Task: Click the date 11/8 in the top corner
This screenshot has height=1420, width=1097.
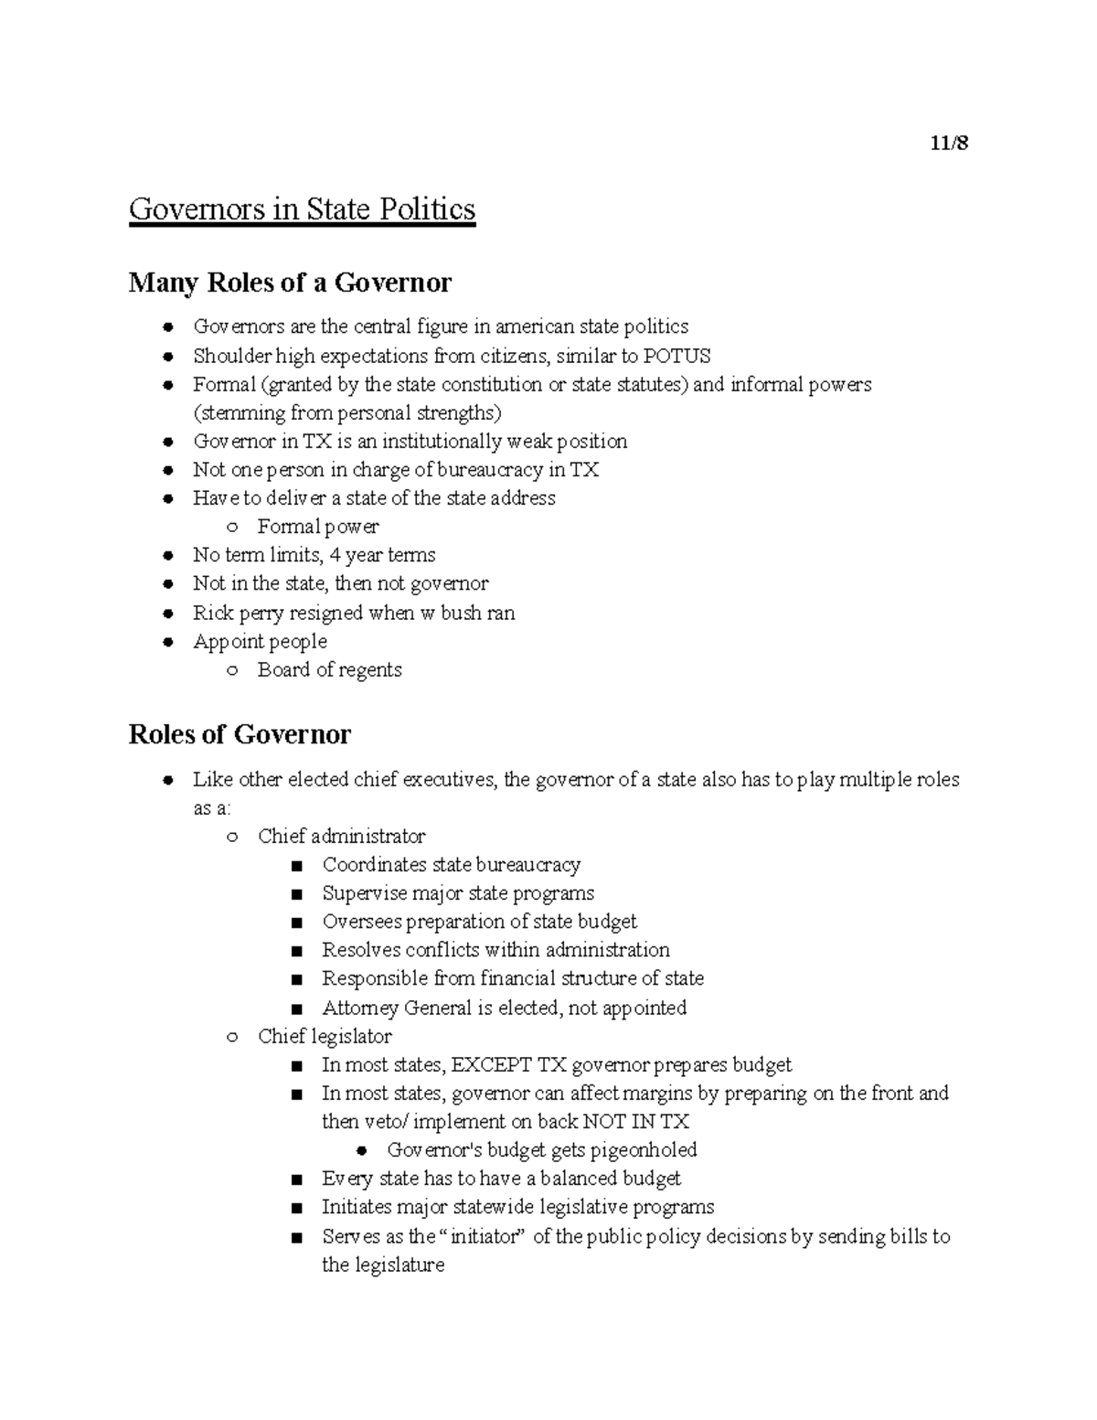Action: pos(949,143)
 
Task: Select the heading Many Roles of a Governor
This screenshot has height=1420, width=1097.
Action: pos(290,283)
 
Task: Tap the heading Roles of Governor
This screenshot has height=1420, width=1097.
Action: pos(240,734)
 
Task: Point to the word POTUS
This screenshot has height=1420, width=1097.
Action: pos(677,356)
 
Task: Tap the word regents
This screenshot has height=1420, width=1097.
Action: pos(370,669)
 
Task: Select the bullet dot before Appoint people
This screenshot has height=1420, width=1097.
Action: pos(167,642)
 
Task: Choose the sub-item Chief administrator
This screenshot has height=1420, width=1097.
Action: pos(341,836)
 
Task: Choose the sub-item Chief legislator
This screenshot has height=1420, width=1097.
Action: pos(325,1036)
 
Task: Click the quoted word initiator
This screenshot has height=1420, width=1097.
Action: pos(486,1236)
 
